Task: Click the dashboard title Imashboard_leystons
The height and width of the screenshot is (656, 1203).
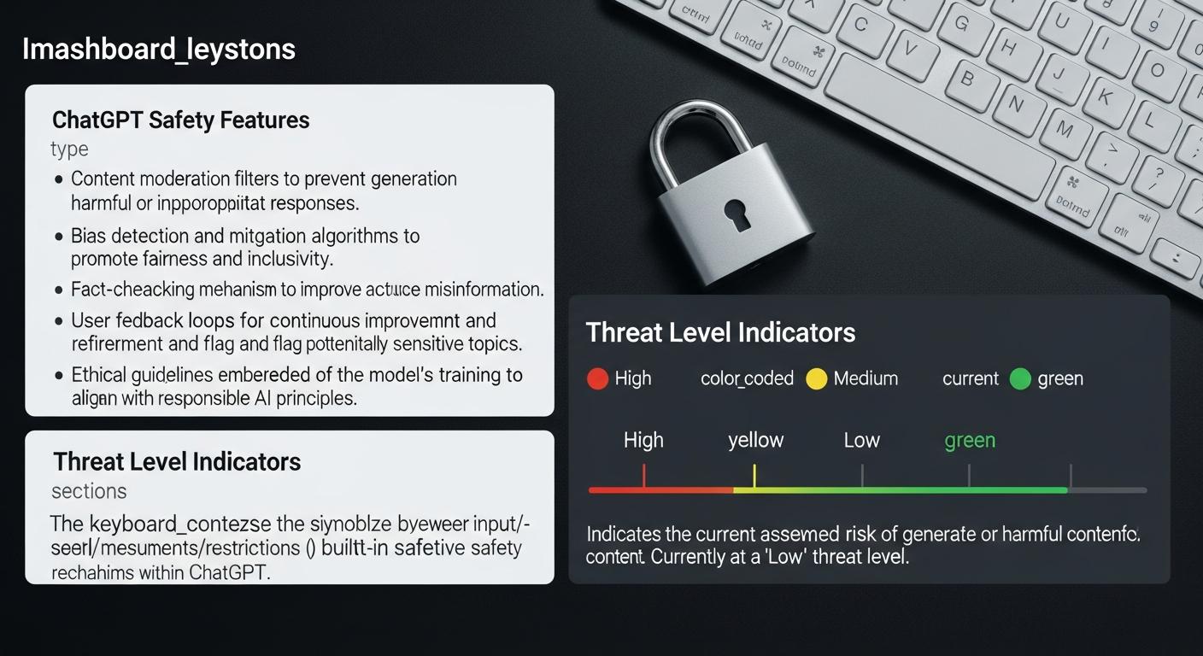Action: click(x=159, y=50)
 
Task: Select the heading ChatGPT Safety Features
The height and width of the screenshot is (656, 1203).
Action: click(x=180, y=120)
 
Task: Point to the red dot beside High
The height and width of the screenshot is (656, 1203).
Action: click(x=598, y=378)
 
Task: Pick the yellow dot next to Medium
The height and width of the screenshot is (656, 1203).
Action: click(x=817, y=378)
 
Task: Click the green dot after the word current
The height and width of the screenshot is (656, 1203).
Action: click(x=1020, y=378)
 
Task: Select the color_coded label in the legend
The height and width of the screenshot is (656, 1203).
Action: click(x=747, y=378)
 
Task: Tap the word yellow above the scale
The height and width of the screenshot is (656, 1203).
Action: click(x=755, y=440)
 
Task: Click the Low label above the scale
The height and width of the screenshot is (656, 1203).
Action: click(x=861, y=440)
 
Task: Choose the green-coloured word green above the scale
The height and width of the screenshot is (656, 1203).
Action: click(x=970, y=440)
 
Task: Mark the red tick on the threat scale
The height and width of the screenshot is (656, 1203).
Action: click(x=644, y=476)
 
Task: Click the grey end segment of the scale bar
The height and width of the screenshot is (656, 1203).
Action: click(x=1107, y=490)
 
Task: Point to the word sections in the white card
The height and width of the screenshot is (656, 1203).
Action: click(x=89, y=491)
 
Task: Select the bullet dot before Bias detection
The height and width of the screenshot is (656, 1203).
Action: click(x=59, y=236)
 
